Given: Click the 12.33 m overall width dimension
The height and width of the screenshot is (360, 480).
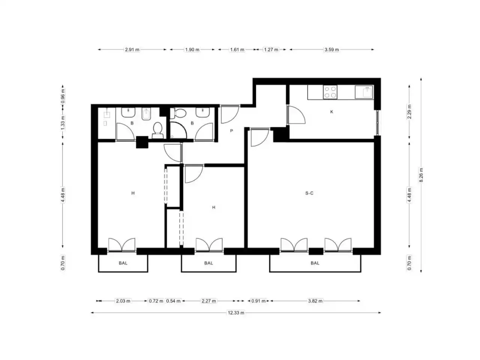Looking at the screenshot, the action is (236, 313).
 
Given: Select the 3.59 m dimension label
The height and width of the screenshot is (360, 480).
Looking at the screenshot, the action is (331, 49).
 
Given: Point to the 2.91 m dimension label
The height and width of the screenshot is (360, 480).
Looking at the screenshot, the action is (132, 49).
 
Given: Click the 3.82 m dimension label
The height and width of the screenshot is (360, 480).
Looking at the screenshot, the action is (315, 301).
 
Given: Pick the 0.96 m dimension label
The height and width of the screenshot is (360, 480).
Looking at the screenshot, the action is (63, 96).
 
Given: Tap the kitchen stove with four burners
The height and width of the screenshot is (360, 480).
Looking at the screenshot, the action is (330, 92).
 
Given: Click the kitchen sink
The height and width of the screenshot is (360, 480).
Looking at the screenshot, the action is (364, 92).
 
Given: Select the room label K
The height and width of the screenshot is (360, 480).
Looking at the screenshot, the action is (331, 112).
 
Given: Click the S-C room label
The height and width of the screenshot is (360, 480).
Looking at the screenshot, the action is (309, 193).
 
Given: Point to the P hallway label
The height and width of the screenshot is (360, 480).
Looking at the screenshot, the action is (231, 131).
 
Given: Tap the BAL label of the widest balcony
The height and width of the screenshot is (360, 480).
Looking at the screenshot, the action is (315, 263).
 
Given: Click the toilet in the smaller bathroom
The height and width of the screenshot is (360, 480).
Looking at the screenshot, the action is (178, 114).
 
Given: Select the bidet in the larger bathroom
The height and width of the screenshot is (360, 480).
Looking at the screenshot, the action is (146, 114).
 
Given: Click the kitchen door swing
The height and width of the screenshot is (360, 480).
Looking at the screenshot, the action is (296, 114).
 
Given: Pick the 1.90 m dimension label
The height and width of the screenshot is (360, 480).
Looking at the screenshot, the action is (192, 49).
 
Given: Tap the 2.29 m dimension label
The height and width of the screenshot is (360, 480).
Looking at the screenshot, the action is (409, 112).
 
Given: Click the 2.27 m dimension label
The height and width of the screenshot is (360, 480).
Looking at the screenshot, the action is (208, 301).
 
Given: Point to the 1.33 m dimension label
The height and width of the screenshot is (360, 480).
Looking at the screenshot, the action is (63, 123).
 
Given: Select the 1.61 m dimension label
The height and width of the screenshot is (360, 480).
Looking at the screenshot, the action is (237, 49).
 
